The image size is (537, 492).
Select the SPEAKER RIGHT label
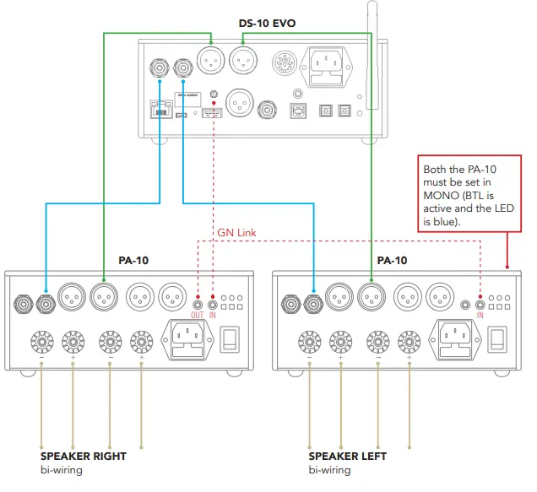(x=84, y=457)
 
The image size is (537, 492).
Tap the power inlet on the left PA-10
(x=190, y=339)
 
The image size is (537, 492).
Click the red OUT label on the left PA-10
(x=198, y=314)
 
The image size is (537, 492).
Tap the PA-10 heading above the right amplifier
(x=392, y=261)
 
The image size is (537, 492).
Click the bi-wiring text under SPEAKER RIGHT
(x=62, y=469)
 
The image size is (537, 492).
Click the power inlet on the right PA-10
(x=458, y=339)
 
